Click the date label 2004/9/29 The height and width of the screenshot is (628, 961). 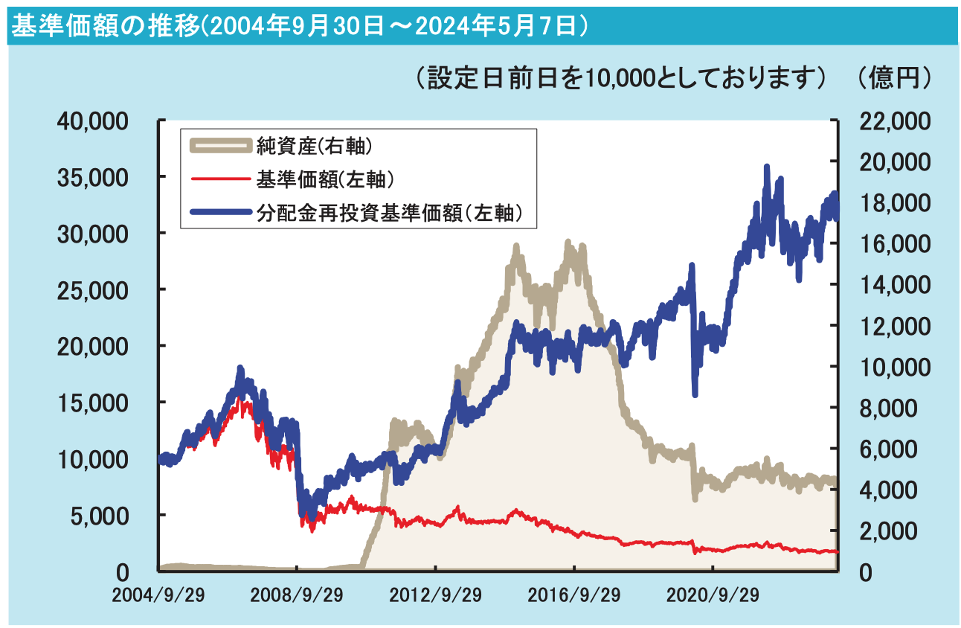158,596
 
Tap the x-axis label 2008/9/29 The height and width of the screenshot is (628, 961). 297,596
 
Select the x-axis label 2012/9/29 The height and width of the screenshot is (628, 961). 436,596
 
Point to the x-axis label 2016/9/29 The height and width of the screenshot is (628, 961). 574,596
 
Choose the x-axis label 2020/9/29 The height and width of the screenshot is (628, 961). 713,596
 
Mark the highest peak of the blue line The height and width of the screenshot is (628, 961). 767,167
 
